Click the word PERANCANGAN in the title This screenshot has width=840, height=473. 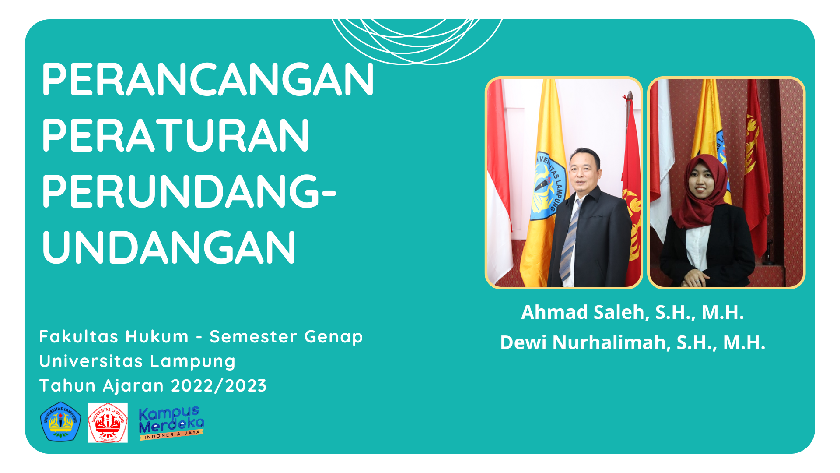tap(208, 79)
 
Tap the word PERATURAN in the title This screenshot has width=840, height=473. tap(175, 135)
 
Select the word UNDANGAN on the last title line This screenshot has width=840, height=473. tap(169, 247)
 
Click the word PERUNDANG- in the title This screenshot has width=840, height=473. tap(189, 191)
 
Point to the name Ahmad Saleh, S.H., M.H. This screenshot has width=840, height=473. tap(633, 312)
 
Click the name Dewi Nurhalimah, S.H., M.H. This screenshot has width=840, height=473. tap(633, 342)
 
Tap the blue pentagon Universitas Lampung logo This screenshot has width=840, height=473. tap(61, 422)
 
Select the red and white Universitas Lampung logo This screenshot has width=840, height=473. tap(108, 423)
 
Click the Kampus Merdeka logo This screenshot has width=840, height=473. tap(171, 423)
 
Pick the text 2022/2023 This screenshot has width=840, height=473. tap(219, 386)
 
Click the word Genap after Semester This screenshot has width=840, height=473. tap(334, 337)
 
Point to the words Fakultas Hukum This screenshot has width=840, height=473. tap(114, 337)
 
